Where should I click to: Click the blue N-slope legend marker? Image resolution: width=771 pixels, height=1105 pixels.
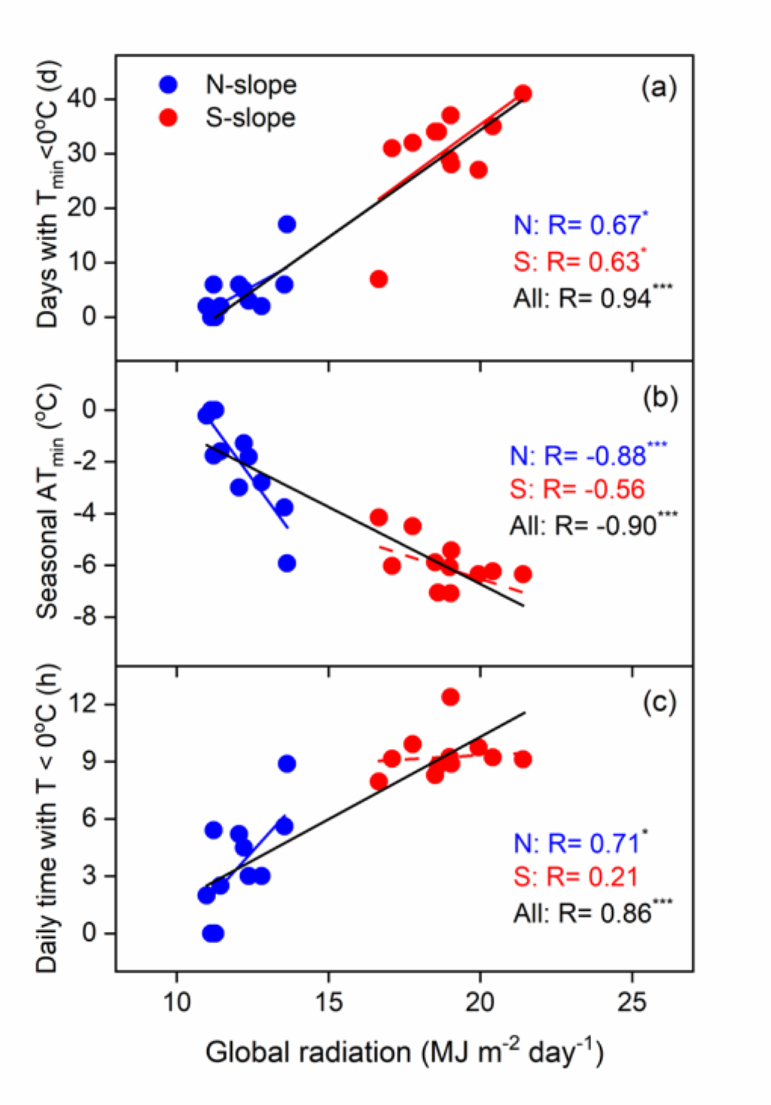tap(169, 84)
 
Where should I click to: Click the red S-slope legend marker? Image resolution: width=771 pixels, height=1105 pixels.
tap(169, 118)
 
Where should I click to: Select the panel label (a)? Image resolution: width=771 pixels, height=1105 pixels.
tap(659, 88)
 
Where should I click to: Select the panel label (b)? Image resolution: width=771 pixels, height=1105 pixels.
tap(660, 397)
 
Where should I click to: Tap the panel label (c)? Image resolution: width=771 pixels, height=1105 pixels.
tap(660, 702)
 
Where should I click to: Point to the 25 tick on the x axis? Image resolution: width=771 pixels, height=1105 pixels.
tap(631, 1002)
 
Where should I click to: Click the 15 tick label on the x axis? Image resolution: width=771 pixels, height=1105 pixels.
tap(328, 1002)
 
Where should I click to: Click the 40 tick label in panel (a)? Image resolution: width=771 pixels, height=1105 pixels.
tap(82, 99)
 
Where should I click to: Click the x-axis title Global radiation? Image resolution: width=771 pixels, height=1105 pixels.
tap(404, 1052)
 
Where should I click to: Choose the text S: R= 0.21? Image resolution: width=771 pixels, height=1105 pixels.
tap(575, 876)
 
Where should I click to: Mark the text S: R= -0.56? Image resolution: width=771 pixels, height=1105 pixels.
tap(577, 489)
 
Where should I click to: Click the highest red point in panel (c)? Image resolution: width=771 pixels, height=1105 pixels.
tap(450, 697)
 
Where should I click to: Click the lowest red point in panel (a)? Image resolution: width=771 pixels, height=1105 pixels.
tap(379, 279)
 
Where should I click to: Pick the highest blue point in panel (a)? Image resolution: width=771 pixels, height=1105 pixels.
tap(287, 224)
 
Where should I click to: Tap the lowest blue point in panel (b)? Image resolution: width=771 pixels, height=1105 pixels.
tap(287, 563)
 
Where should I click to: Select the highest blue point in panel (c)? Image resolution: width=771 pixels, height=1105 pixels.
tap(287, 764)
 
